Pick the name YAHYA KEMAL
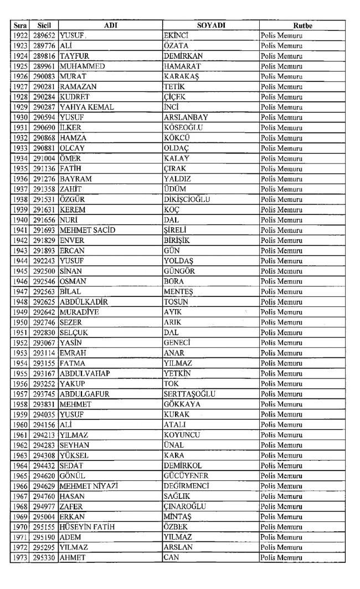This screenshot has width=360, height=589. pos(83,107)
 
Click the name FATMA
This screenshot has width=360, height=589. pos(73,362)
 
